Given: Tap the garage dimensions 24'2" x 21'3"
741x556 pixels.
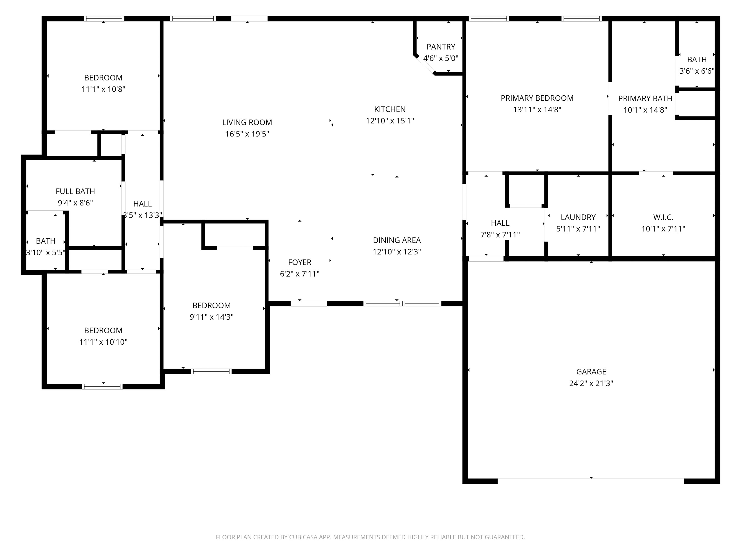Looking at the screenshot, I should [x=591, y=383].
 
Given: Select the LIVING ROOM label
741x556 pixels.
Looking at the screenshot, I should [x=247, y=123].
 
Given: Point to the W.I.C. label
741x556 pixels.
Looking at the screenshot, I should [x=663, y=217].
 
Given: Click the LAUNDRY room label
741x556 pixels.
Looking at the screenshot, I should [x=578, y=217].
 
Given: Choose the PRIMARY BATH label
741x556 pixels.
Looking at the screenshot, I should [x=645, y=98].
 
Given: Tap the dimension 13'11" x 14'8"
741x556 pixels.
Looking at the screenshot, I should [x=537, y=110].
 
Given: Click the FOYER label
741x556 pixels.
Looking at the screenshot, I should [x=300, y=262].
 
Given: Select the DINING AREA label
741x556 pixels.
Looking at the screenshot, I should [x=397, y=240].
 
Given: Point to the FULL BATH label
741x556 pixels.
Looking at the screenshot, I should [x=75, y=191].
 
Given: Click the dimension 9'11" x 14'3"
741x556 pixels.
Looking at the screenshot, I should [x=211, y=317].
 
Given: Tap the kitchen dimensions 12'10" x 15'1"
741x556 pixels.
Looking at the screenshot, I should [x=390, y=121].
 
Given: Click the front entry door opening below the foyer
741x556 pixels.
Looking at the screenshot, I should [x=308, y=304].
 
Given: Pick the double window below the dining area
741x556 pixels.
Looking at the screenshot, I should [x=402, y=304].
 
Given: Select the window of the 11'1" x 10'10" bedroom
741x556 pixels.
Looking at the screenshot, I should [x=102, y=386].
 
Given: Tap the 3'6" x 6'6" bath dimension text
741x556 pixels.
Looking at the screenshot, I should [x=697, y=71].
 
